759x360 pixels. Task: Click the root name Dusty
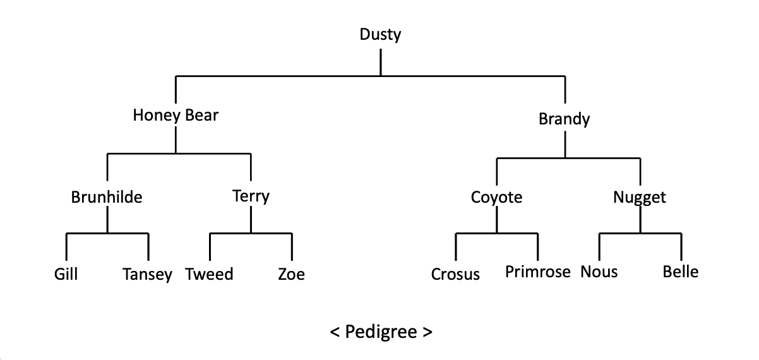coord(380,35)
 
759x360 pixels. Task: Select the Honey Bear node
coord(176,115)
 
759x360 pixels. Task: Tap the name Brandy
coord(564,119)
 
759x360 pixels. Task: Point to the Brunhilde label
coord(106,197)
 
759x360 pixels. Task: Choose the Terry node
coord(251,196)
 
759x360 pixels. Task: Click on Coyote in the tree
coord(496,197)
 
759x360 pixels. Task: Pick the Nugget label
coord(640,197)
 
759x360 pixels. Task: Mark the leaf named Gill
coord(66,274)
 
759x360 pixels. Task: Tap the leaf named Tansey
coord(147,274)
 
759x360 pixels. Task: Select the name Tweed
coord(209,274)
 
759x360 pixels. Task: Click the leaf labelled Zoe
coord(291,274)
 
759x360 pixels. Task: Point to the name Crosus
coord(455,274)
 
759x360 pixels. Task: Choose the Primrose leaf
coord(538,272)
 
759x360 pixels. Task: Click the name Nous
coord(599,272)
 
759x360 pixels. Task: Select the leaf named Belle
coord(681,272)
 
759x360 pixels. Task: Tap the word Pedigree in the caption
coord(381,332)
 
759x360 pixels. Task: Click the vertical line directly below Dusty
coord(381,63)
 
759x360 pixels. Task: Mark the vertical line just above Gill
coord(66,247)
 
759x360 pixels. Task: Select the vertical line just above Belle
coord(681,247)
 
